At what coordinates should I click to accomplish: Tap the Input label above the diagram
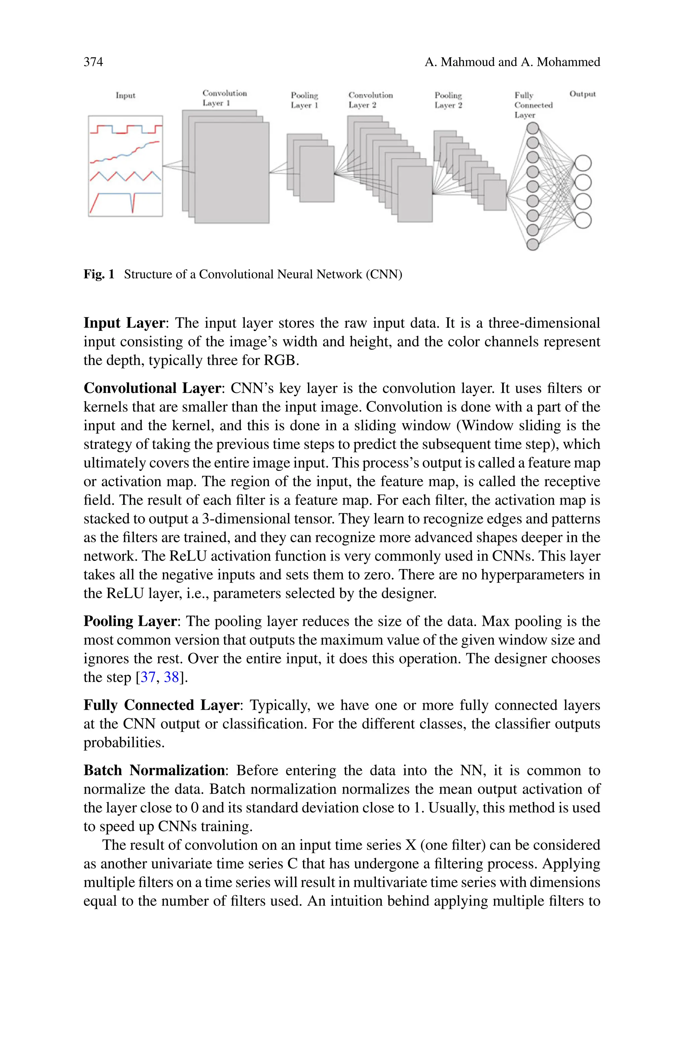pyautogui.click(x=125, y=95)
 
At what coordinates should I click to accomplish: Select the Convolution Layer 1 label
pyautogui.click(x=224, y=98)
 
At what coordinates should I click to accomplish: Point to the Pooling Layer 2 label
pyautogui.click(x=448, y=100)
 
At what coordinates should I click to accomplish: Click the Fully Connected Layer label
pyautogui.click(x=533, y=105)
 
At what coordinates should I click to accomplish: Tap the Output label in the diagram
pyautogui.click(x=582, y=94)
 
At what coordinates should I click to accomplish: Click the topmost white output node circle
pyautogui.click(x=583, y=163)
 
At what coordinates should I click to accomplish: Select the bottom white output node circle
pyautogui.click(x=583, y=220)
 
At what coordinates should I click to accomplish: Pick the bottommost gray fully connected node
pyautogui.click(x=532, y=244)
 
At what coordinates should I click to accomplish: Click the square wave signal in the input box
pyautogui.click(x=126, y=129)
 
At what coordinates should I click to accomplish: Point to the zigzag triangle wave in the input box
pyautogui.click(x=126, y=176)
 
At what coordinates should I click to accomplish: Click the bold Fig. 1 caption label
pyautogui.click(x=99, y=274)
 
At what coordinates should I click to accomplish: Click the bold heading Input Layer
pyautogui.click(x=124, y=323)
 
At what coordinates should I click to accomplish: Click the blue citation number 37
pyautogui.click(x=148, y=677)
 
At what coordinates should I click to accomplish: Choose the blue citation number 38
pyautogui.click(x=171, y=677)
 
